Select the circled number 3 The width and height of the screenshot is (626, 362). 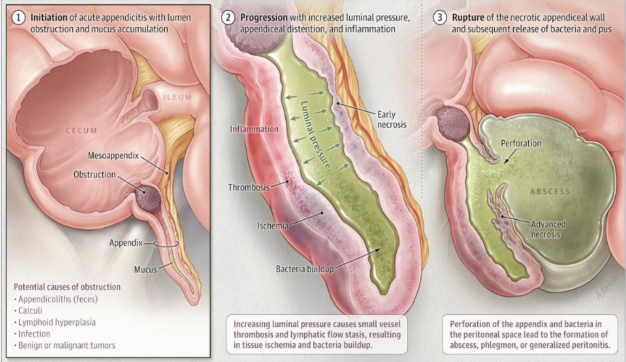click(440, 17)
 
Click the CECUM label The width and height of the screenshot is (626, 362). click(81, 131)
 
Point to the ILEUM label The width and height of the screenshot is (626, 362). click(178, 98)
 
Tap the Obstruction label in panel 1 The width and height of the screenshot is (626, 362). click(94, 175)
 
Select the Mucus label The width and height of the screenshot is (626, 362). click(145, 270)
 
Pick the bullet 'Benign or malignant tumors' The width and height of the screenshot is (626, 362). click(66, 346)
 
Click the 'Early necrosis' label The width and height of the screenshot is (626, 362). click(391, 119)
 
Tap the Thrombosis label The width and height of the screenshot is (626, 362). click(249, 187)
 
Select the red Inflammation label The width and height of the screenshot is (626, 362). click(254, 129)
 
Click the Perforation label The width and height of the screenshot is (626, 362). click(520, 143)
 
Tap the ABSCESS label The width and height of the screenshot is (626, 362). click(550, 192)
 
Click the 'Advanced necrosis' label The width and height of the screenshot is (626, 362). click(548, 229)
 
